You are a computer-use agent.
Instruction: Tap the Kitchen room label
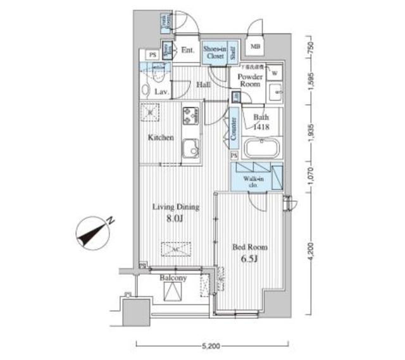pyautogui.click(x=161, y=137)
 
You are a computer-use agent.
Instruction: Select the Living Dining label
pyautogui.click(x=175, y=207)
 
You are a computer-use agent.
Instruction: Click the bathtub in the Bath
pyautogui.click(x=261, y=151)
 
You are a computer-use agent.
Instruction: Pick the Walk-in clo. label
pyautogui.click(x=252, y=182)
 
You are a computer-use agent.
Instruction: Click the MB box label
pyautogui.click(x=256, y=46)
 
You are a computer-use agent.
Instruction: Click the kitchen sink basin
pyautogui.click(x=190, y=151)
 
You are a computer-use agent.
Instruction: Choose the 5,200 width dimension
pyautogui.click(x=211, y=346)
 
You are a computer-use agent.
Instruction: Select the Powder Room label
pyautogui.click(x=250, y=80)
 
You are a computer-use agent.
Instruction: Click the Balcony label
pyautogui.click(x=172, y=278)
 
